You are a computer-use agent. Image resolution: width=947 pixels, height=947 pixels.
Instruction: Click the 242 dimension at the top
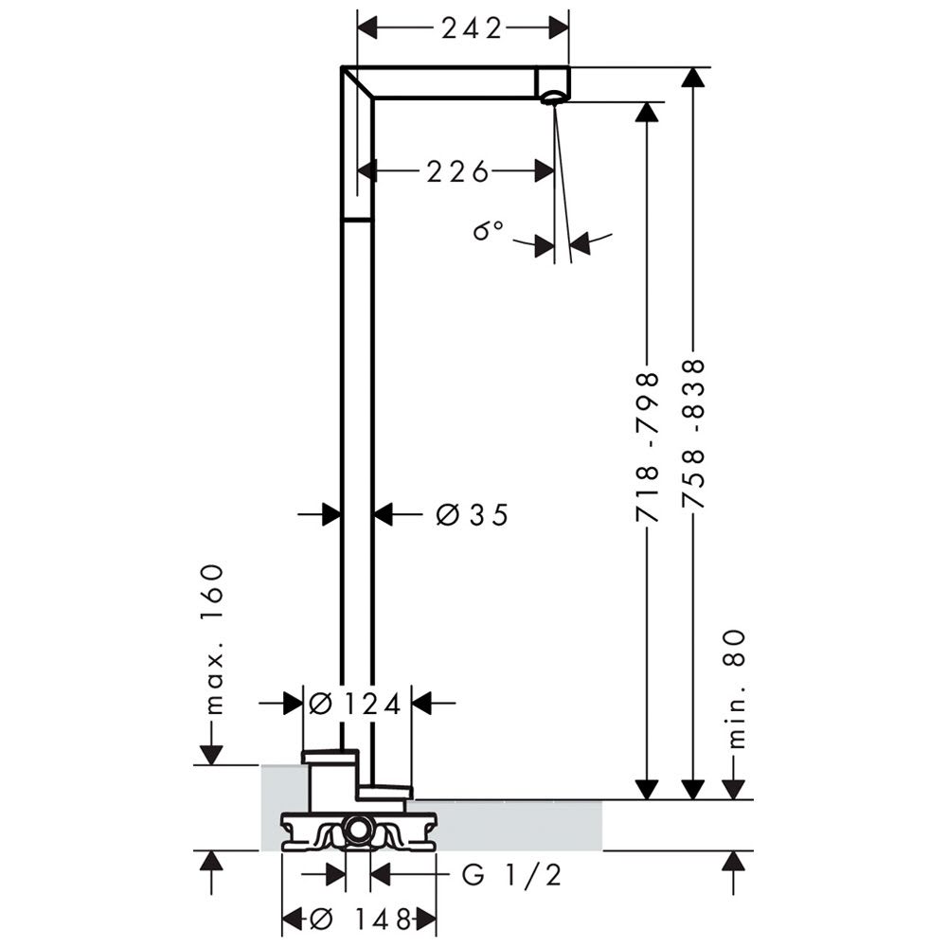click(x=472, y=28)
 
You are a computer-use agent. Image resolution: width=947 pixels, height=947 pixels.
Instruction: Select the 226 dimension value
click(x=457, y=172)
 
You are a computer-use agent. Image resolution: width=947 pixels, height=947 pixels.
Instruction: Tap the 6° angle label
click(x=488, y=230)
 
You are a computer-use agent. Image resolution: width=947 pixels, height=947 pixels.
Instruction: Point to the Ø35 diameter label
click(x=473, y=515)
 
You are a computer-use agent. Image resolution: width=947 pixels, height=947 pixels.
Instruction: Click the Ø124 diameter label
click(x=355, y=704)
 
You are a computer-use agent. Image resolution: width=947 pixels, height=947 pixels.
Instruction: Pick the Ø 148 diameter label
click(x=361, y=920)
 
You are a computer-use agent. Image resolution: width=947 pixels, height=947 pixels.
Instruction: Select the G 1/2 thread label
click(x=512, y=875)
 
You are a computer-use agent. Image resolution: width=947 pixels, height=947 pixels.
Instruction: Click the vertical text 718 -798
click(x=647, y=447)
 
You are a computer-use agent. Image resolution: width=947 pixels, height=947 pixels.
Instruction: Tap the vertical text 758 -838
click(x=693, y=435)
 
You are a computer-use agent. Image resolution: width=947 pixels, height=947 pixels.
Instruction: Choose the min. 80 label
click(x=735, y=689)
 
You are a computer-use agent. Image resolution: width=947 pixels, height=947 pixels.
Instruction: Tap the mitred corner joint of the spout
click(x=358, y=82)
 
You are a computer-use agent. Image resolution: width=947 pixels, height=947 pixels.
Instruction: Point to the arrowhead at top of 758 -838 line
click(x=693, y=78)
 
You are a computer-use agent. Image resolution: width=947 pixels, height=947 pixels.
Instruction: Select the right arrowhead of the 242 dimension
click(x=559, y=27)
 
